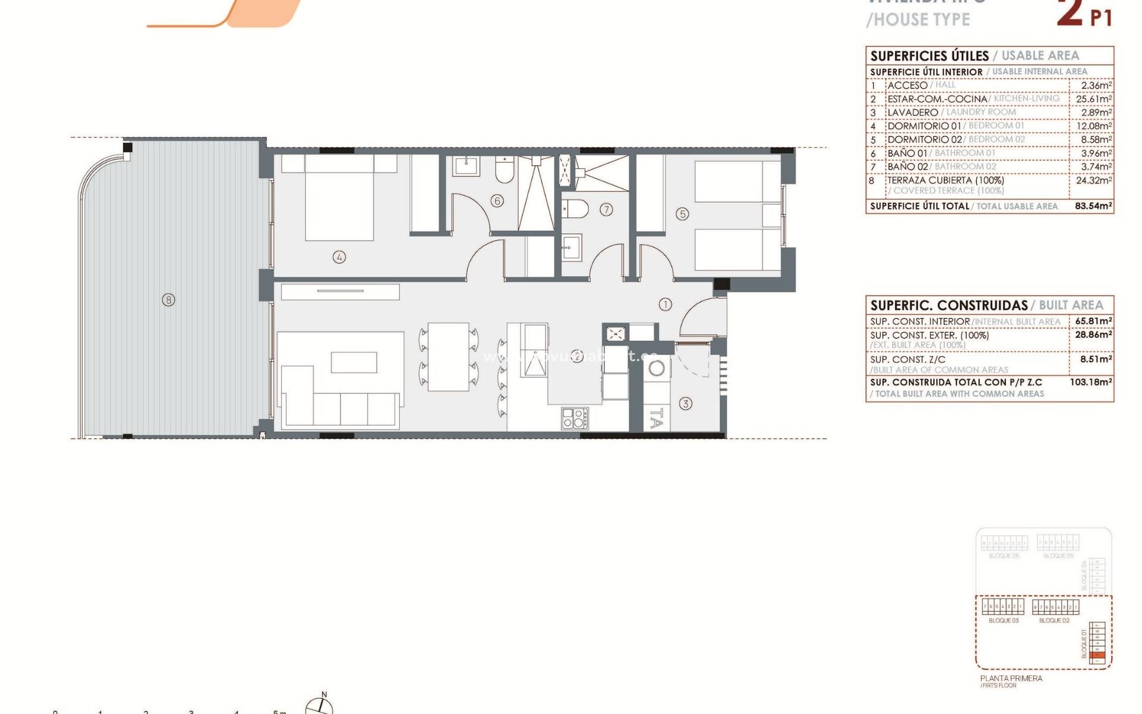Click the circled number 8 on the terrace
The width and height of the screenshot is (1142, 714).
coord(169,300)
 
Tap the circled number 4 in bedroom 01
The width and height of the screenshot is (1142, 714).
coord(339,257)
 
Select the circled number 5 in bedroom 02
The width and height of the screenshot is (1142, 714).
coord(682,214)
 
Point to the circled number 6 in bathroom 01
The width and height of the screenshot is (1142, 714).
coord(497,201)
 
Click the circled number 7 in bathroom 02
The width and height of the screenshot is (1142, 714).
coord(606,209)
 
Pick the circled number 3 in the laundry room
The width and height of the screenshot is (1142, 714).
coord(686,403)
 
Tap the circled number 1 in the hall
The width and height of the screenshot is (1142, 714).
coord(665,305)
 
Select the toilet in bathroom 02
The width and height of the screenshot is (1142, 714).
coord(575,209)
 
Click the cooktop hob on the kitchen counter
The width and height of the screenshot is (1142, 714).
coord(575,418)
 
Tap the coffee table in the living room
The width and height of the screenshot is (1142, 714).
coord(354,362)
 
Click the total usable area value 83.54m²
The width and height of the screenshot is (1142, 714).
coord(1093,206)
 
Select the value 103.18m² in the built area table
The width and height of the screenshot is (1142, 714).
coord(1091,382)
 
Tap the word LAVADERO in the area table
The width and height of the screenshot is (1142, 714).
coord(912,112)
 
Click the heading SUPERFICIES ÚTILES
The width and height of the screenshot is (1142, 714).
coord(929,56)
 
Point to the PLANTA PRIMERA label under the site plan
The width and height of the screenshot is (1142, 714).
coord(1011,678)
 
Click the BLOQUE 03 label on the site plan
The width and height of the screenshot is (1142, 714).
coord(1003,621)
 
